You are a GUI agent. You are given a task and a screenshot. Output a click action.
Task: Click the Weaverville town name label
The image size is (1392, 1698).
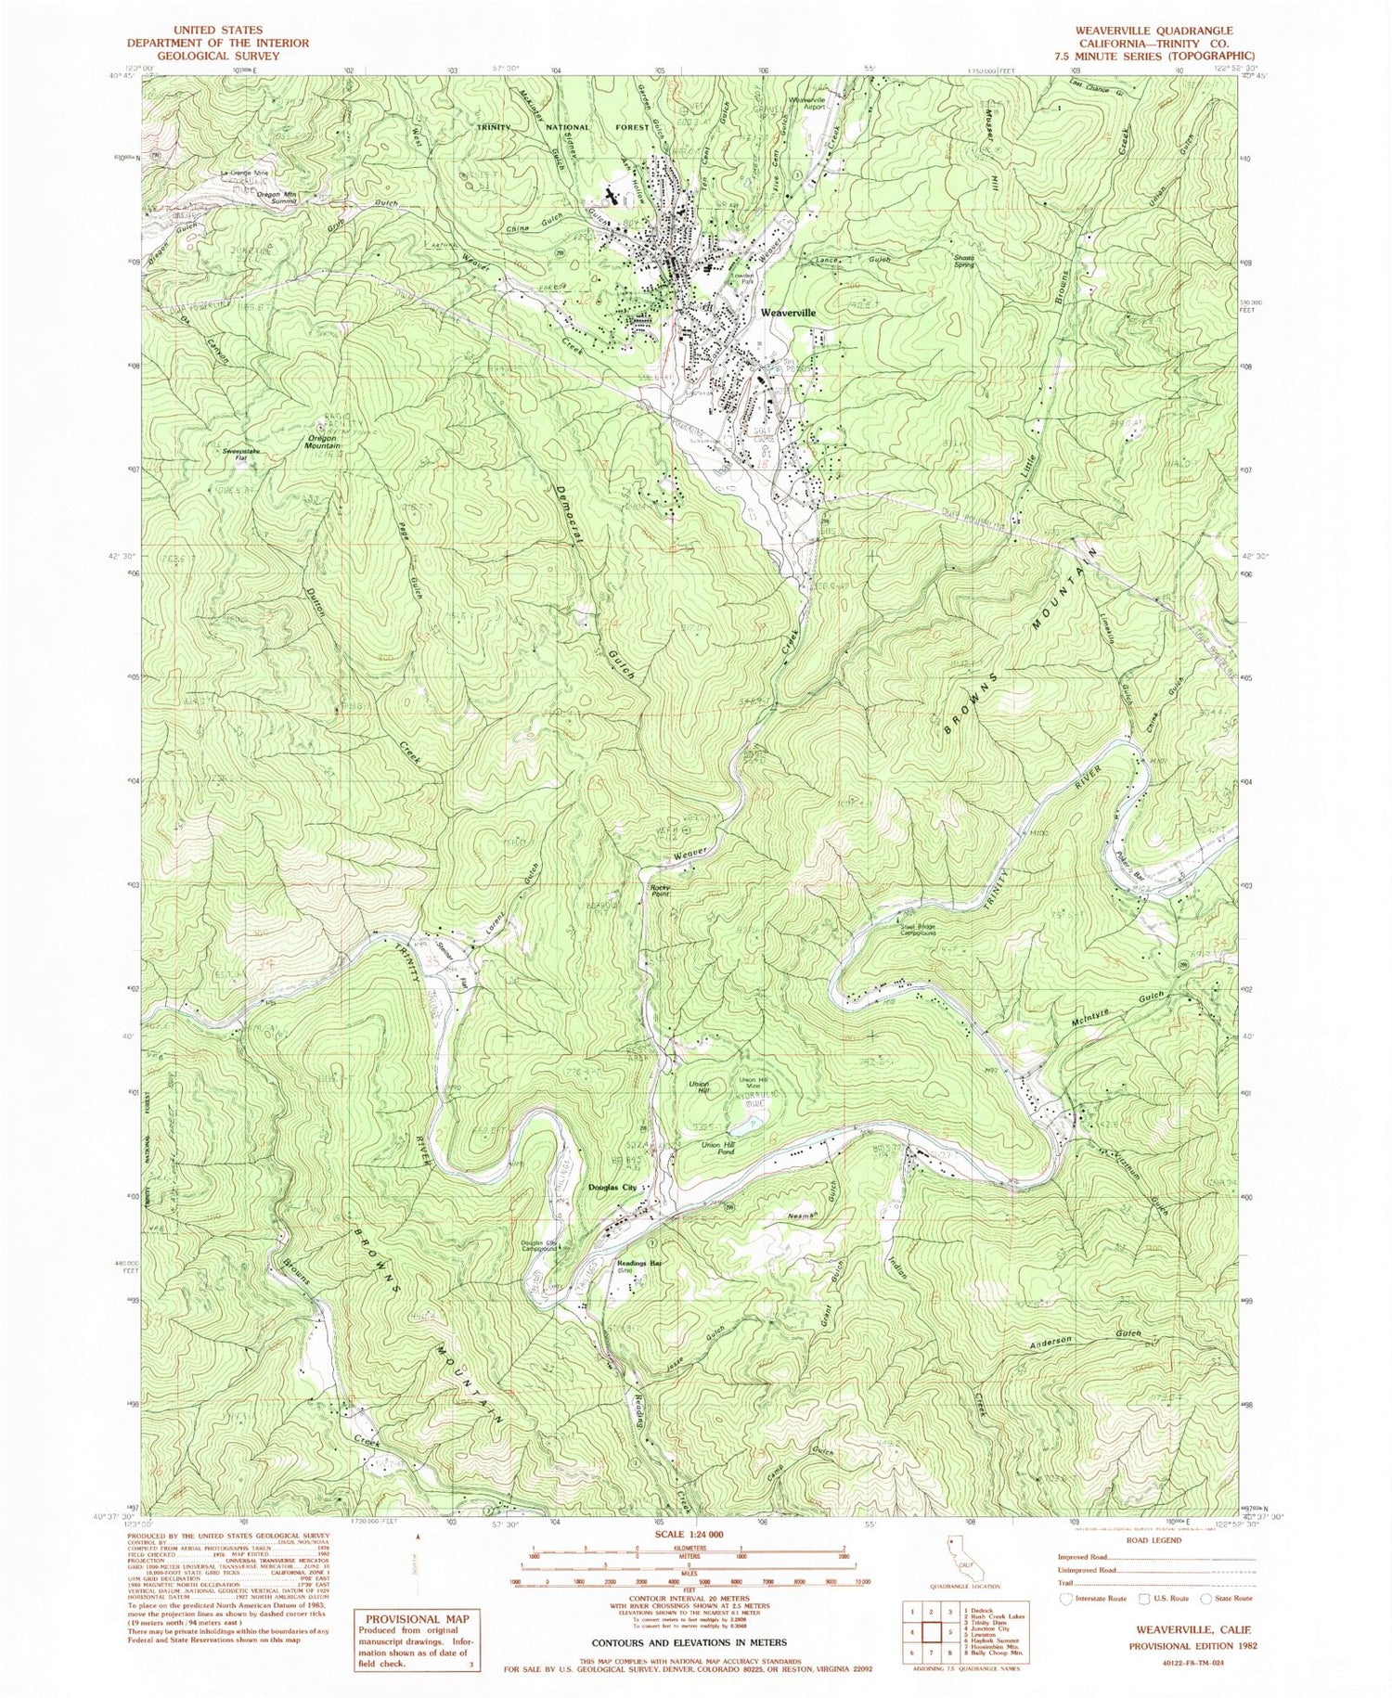pos(788,314)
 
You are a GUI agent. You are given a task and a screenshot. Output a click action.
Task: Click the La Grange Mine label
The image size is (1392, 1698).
pos(244,174)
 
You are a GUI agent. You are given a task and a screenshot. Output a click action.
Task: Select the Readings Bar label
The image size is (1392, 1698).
pos(639,1263)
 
